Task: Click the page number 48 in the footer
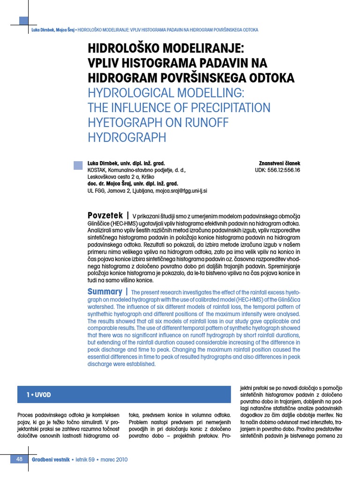coord(19,459)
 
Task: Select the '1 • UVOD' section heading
coord(39,395)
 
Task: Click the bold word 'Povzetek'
coord(105,215)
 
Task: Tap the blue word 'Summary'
coord(105,292)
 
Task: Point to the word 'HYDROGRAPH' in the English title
coord(127,137)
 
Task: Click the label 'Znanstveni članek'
coord(279,163)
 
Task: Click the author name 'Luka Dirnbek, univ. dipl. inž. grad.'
coord(126,163)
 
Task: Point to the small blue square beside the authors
coord(78,165)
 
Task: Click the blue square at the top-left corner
coord(24,21)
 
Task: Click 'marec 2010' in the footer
coord(113,459)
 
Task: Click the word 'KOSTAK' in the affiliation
coord(97,170)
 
